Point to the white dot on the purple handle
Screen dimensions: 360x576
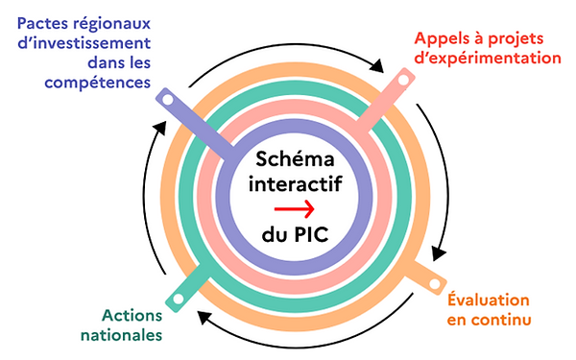click(165, 99)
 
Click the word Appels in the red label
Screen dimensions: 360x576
click(443, 39)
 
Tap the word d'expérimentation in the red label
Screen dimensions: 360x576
click(488, 59)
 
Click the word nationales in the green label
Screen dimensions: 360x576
click(121, 335)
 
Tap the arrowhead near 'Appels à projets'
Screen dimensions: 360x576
click(381, 69)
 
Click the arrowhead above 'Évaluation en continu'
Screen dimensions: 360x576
click(437, 253)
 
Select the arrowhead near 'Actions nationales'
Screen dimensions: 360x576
click(204, 317)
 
